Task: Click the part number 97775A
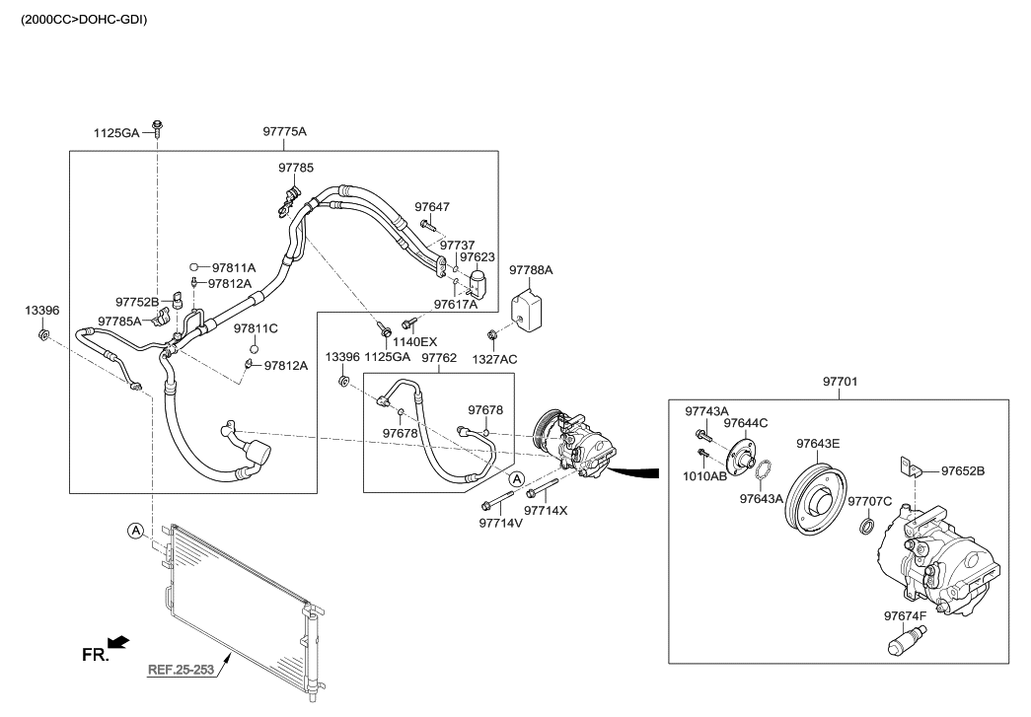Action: [x=285, y=132]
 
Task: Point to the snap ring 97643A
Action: [x=762, y=472]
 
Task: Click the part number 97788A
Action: [x=531, y=269]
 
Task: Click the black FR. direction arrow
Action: [x=118, y=643]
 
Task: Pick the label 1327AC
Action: [x=494, y=359]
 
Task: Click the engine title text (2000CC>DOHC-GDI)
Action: [x=84, y=19]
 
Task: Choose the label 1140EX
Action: [x=416, y=341]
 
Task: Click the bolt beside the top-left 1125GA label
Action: [x=158, y=128]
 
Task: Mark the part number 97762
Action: [x=438, y=358]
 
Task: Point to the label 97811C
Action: [x=256, y=328]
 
